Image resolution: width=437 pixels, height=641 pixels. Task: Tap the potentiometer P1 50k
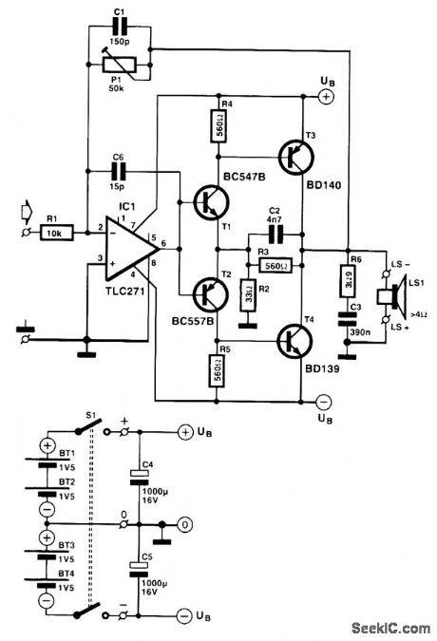(120, 64)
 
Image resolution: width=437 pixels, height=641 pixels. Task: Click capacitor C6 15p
(118, 172)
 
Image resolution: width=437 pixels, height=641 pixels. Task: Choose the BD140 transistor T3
(294, 157)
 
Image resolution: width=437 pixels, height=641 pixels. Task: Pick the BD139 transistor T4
(294, 339)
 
